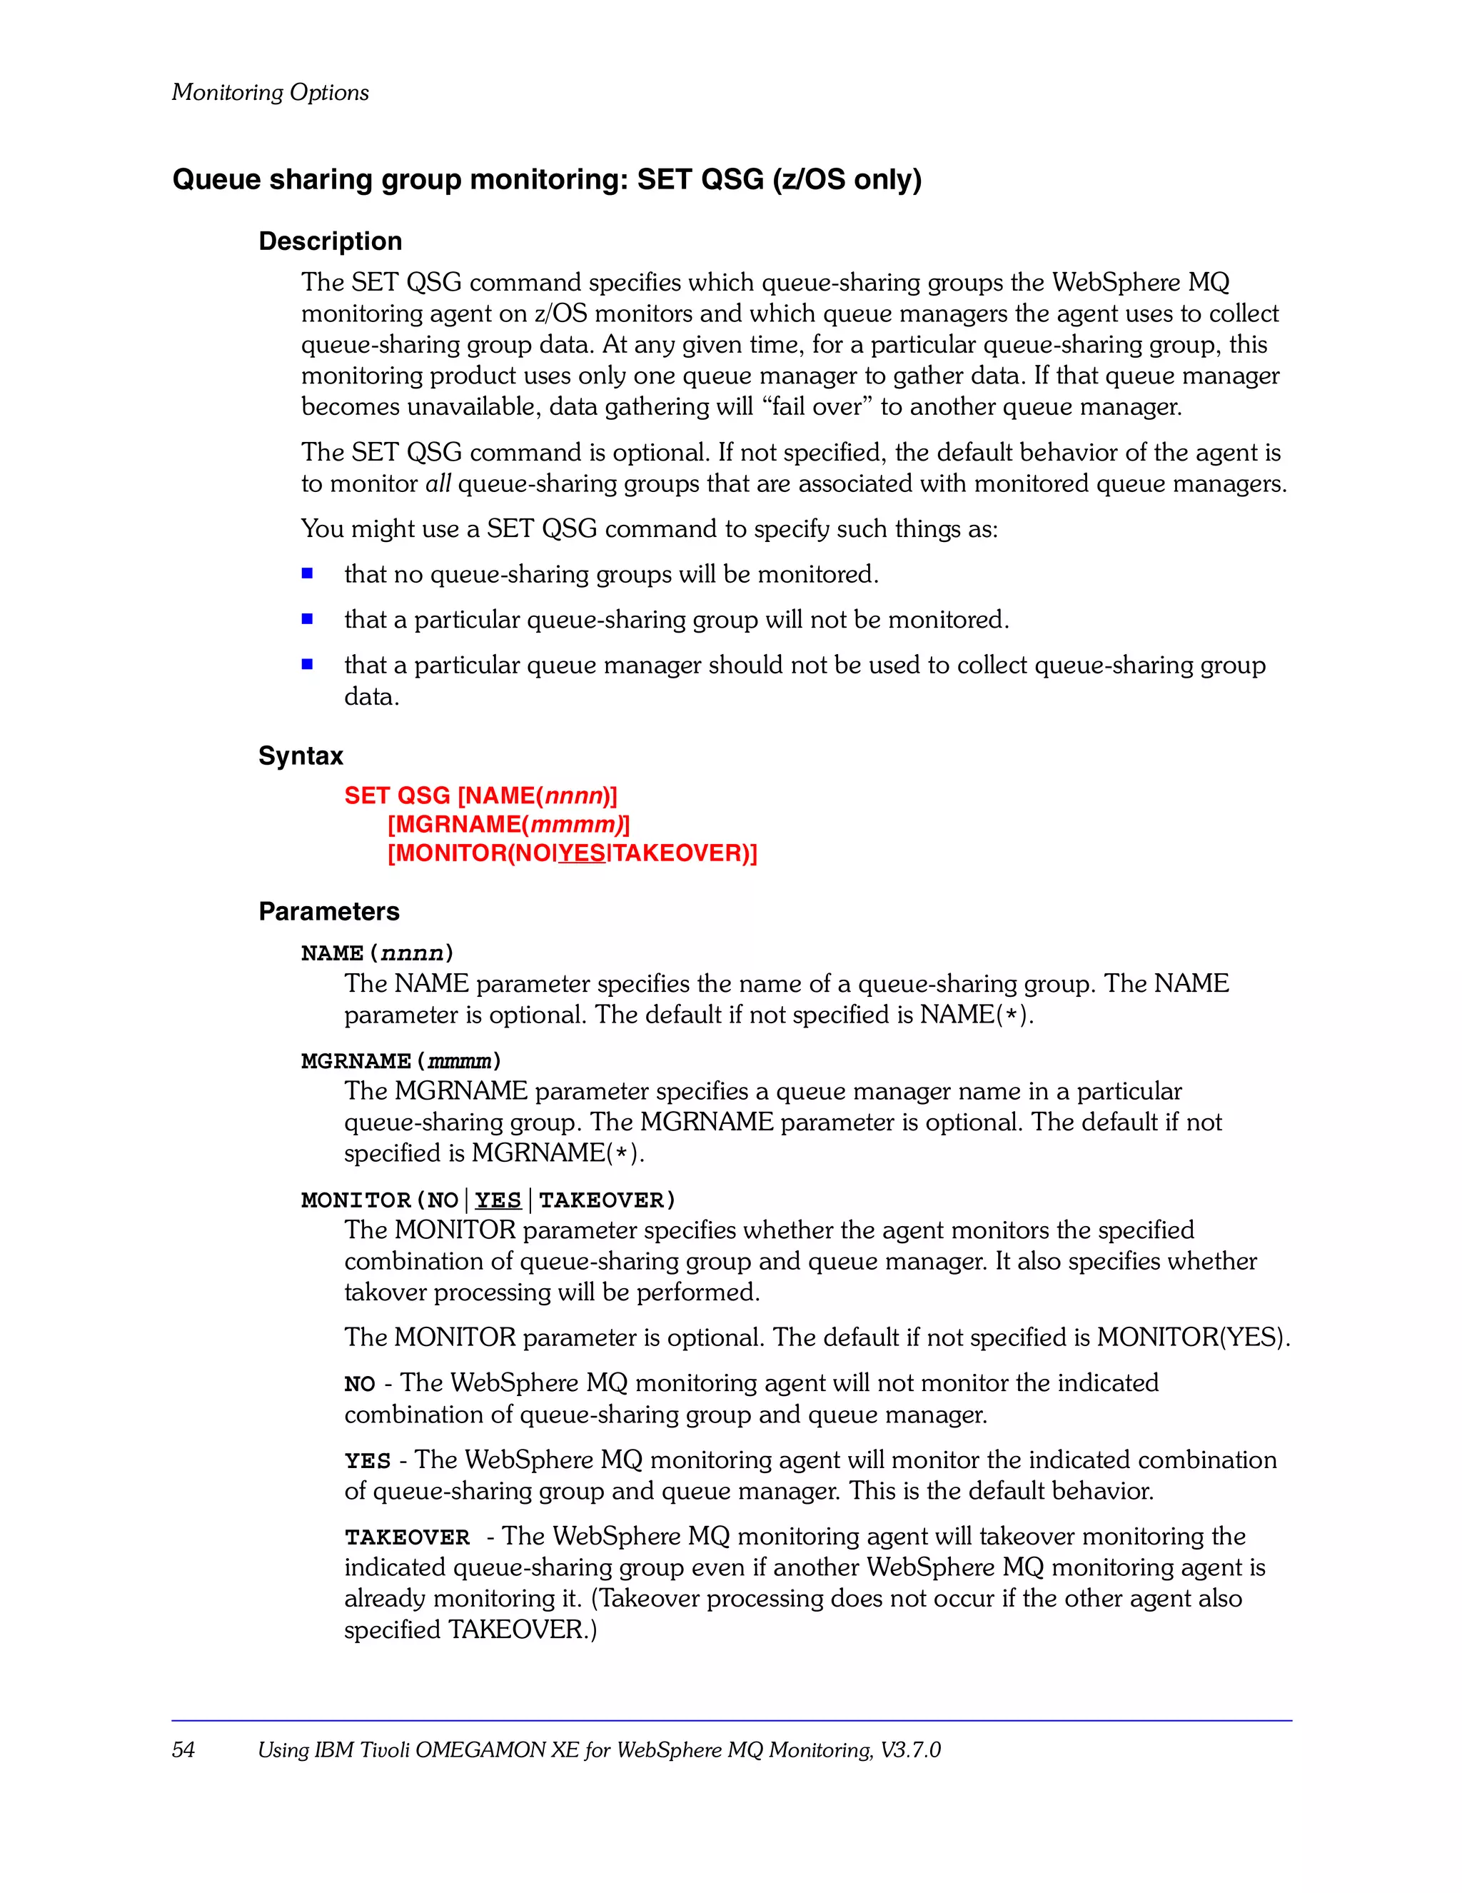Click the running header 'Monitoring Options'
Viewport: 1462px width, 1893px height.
pyautogui.click(x=270, y=92)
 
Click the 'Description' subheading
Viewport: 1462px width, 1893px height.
pyautogui.click(x=331, y=241)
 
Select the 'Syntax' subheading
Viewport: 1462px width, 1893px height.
pyautogui.click(x=301, y=755)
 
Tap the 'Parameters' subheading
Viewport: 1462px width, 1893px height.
pyautogui.click(x=328, y=911)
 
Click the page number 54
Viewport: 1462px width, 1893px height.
pyautogui.click(x=183, y=1749)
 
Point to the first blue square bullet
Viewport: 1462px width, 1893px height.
pyautogui.click(x=307, y=573)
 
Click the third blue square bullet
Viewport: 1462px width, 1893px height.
pyautogui.click(x=307, y=664)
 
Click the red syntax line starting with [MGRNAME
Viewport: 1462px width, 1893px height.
pyautogui.click(x=509, y=824)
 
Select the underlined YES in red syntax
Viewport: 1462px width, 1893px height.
pyautogui.click(x=582, y=853)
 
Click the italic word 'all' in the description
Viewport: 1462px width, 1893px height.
pyautogui.click(x=438, y=483)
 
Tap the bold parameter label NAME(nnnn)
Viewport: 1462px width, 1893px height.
pyautogui.click(x=377, y=953)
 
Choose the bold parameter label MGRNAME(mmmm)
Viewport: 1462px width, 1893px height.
pyautogui.click(x=400, y=1061)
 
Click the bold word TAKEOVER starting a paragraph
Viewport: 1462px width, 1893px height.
pyautogui.click(x=406, y=1537)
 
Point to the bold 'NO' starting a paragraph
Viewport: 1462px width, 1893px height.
pyautogui.click(x=359, y=1384)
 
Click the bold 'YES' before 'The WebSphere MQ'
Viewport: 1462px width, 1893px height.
pyautogui.click(x=368, y=1460)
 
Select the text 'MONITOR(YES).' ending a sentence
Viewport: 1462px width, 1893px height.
pyautogui.click(x=1194, y=1337)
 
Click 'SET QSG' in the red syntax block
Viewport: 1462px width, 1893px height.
pyautogui.click(x=397, y=795)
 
